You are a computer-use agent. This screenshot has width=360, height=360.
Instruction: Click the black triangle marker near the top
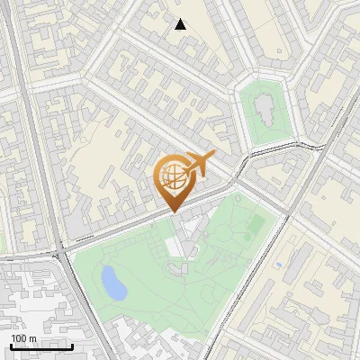tap(181, 24)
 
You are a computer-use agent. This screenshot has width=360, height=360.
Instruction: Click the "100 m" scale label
tap(23, 338)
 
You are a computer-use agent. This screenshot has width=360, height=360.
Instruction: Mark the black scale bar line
tap(40, 346)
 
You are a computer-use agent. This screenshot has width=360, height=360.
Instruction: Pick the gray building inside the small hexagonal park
tap(264, 109)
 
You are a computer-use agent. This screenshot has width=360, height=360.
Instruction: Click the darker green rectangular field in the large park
tap(256, 222)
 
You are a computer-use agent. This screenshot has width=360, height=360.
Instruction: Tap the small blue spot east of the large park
tap(280, 265)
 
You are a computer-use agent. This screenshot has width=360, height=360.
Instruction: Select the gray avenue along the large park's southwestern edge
tap(90, 306)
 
